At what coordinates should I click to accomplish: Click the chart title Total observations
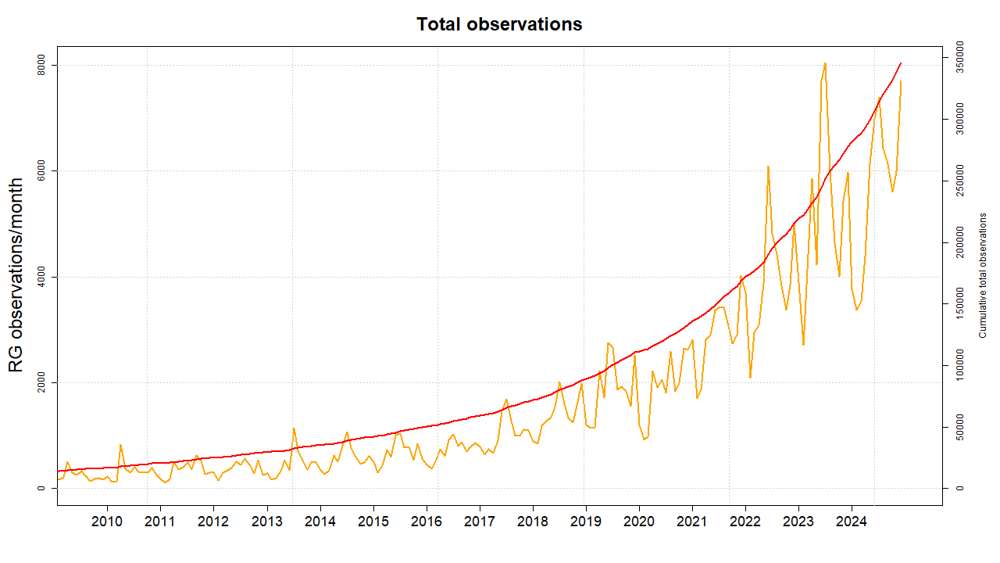tap(499, 24)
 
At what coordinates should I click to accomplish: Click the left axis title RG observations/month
tap(16, 274)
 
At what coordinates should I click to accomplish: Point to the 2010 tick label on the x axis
tap(106, 522)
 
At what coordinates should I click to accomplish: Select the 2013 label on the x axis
tap(266, 522)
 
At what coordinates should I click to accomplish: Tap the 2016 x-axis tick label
tap(426, 522)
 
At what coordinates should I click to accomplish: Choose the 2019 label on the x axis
tap(586, 522)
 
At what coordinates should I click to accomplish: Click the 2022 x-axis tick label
tap(745, 522)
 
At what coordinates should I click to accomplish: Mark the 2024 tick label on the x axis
tap(852, 522)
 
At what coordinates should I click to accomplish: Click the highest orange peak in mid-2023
tap(825, 63)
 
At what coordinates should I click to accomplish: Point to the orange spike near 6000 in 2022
tap(768, 167)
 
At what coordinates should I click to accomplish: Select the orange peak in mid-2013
tap(294, 429)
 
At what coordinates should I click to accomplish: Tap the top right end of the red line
tap(901, 63)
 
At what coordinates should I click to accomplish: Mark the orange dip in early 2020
tap(644, 439)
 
